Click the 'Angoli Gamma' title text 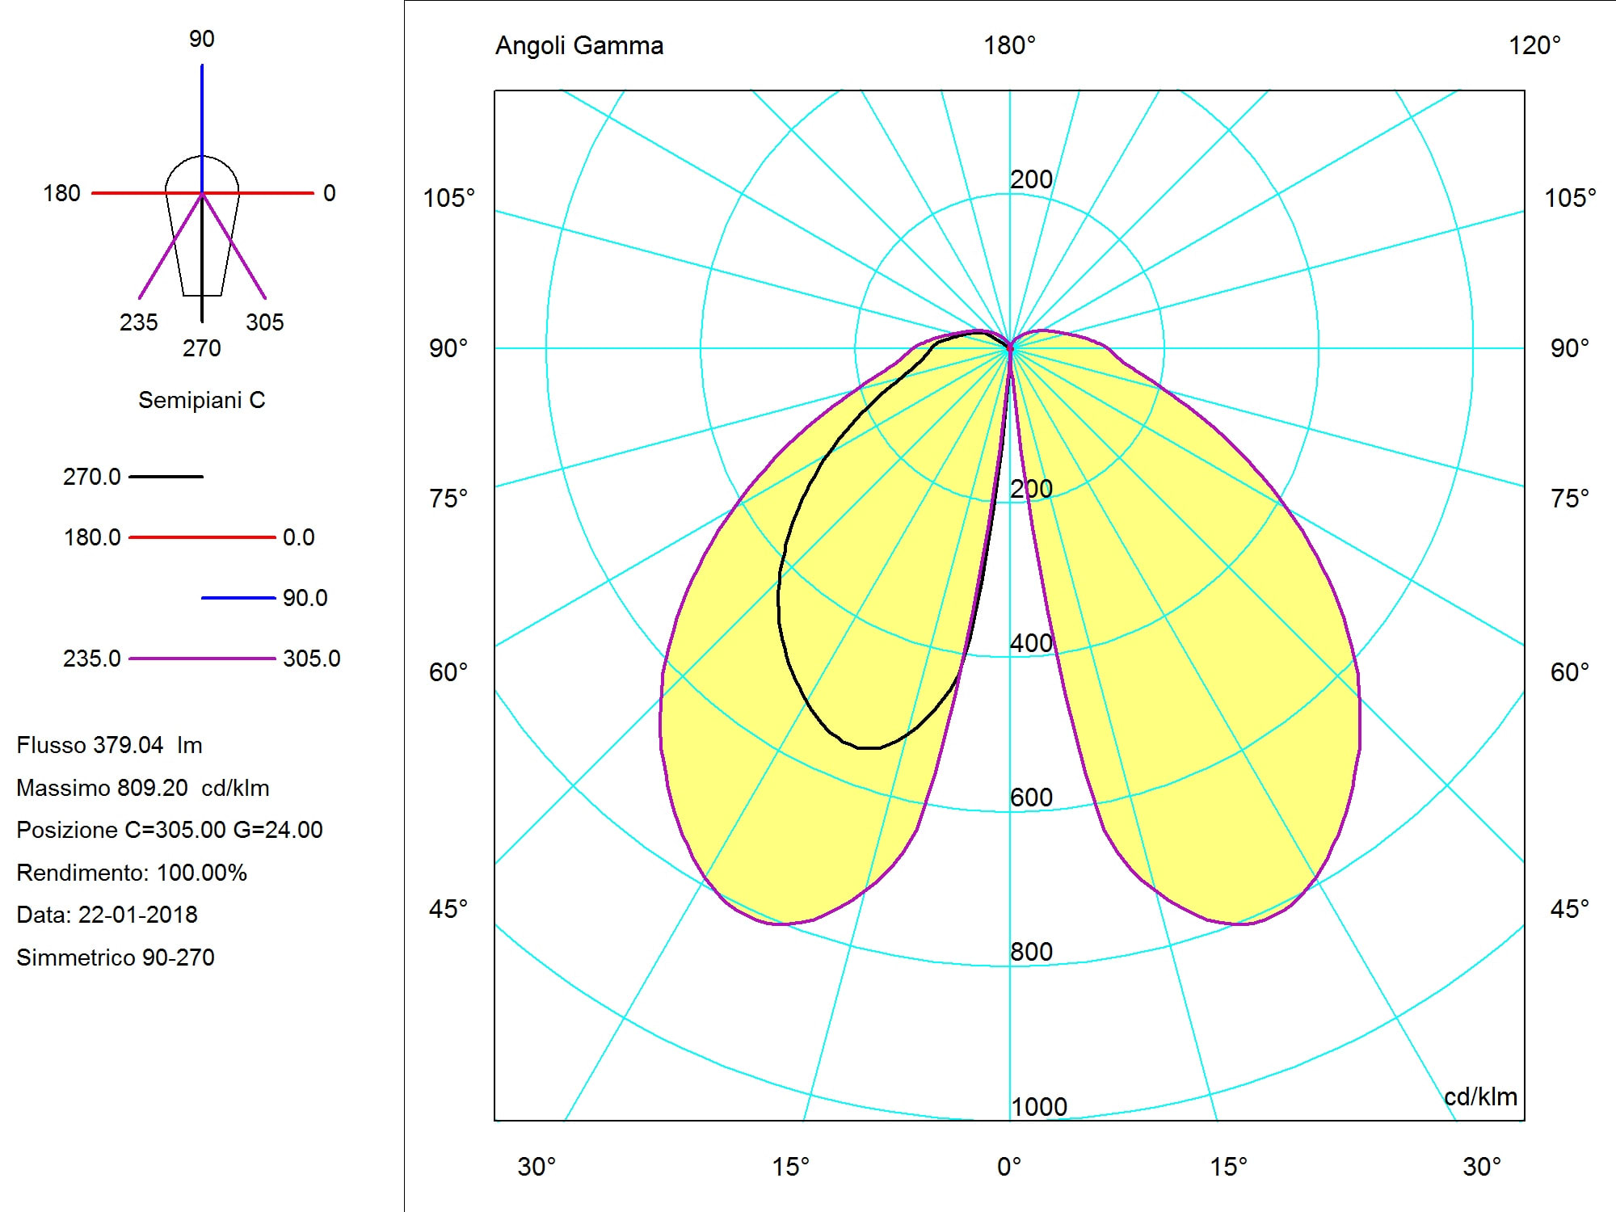579,46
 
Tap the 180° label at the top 1009,46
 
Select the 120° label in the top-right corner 1534,46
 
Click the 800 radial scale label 1031,952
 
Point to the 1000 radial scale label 1039,1107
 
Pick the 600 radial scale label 1031,797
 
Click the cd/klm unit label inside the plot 1480,1096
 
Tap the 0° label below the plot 1009,1167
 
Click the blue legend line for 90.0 238,598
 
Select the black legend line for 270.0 166,477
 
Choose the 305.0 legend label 311,659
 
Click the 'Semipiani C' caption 201,400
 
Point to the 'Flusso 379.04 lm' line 109,745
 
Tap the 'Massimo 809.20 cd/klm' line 143,788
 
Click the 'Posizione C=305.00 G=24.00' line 170,830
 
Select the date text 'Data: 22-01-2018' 107,915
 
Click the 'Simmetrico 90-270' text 116,957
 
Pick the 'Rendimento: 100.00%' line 132,873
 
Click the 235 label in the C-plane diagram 138,322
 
